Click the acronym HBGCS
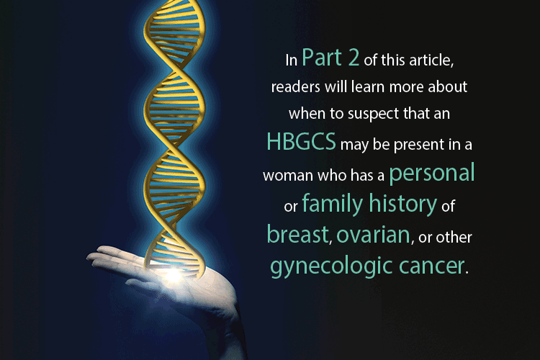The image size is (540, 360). coord(302,141)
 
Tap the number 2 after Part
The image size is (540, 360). coord(354,58)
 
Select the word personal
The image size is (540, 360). coord(432,174)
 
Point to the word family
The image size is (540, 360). coord(333,204)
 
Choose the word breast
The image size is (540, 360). coord(298,234)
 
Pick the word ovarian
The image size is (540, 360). coord(373,235)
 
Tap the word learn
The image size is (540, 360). coord(368,87)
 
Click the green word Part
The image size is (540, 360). coord(322,58)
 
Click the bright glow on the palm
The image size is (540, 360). coord(174,274)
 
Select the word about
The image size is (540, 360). coord(448,86)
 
